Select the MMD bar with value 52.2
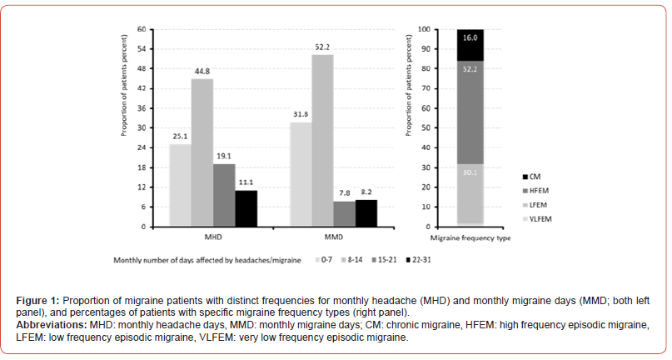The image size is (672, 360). [x=322, y=140]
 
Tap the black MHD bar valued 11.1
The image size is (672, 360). [x=246, y=208]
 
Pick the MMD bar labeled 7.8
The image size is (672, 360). [x=344, y=213]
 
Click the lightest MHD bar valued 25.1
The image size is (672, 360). [x=179, y=185]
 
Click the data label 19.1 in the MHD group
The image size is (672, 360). [x=223, y=157]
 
